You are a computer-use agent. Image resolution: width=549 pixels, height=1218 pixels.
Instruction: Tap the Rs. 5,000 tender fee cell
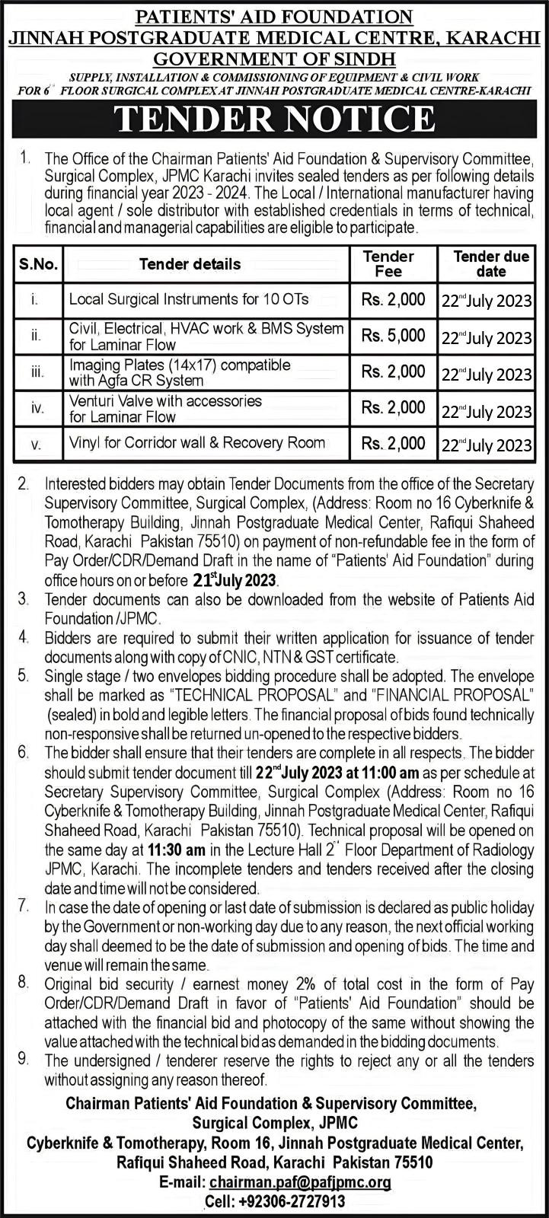pos(393,336)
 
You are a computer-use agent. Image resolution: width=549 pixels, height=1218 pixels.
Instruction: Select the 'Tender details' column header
pos(190,264)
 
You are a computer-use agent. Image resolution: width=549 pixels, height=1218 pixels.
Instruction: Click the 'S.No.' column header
pos(38,265)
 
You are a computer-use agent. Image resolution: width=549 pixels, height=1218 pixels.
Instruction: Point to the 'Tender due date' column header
pos(491,263)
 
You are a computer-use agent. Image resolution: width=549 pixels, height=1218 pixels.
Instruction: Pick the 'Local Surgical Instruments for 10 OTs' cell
pos(189,299)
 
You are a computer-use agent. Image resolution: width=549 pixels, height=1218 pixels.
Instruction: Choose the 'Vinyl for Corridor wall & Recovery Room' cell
pos(196,442)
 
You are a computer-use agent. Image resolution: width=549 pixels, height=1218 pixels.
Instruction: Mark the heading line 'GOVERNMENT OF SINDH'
pos(274,59)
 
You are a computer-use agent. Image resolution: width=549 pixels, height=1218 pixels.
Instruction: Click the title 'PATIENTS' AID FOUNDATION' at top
pos(274,16)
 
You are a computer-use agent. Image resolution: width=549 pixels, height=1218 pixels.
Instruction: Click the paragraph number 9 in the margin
pos(24,1059)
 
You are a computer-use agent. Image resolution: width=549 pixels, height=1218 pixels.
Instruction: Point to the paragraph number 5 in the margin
pos(24,675)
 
